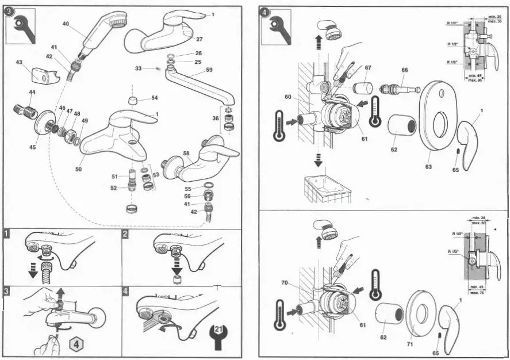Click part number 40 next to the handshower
pyautogui.click(x=66, y=24)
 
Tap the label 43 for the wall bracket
pyautogui.click(x=19, y=62)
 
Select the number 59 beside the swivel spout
pyautogui.click(x=209, y=70)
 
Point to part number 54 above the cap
pyautogui.click(x=155, y=98)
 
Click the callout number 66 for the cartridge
pyautogui.click(x=405, y=70)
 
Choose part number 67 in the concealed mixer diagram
pyautogui.click(x=367, y=68)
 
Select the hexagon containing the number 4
pyautogui.click(x=77, y=345)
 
